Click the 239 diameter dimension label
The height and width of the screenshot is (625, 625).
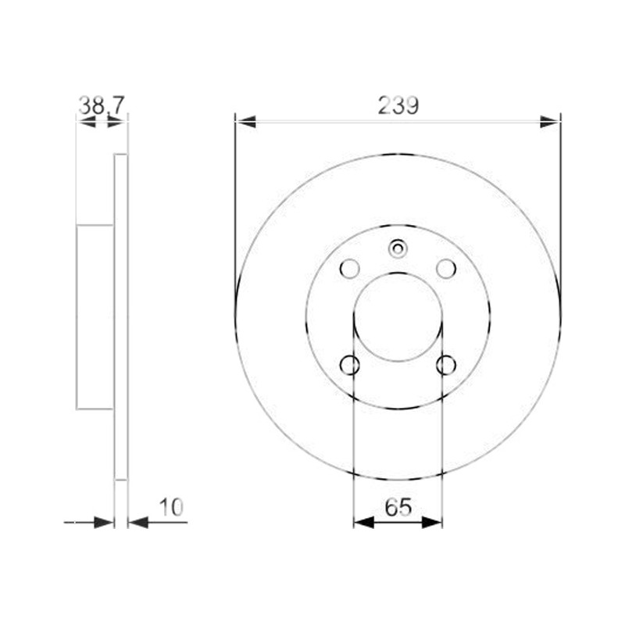click(x=398, y=105)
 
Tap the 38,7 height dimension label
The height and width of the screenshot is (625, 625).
click(x=102, y=105)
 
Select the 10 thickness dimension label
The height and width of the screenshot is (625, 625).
click(x=171, y=507)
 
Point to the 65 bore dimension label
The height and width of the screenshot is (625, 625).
click(x=398, y=507)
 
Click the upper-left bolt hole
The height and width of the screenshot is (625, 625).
click(x=349, y=269)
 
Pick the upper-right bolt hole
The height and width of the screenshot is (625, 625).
click(x=446, y=269)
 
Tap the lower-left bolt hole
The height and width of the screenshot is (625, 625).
click(x=349, y=365)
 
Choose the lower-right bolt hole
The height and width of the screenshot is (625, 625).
click(x=446, y=365)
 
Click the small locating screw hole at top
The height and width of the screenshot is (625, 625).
click(x=398, y=248)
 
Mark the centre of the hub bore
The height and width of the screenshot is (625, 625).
click(x=398, y=317)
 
